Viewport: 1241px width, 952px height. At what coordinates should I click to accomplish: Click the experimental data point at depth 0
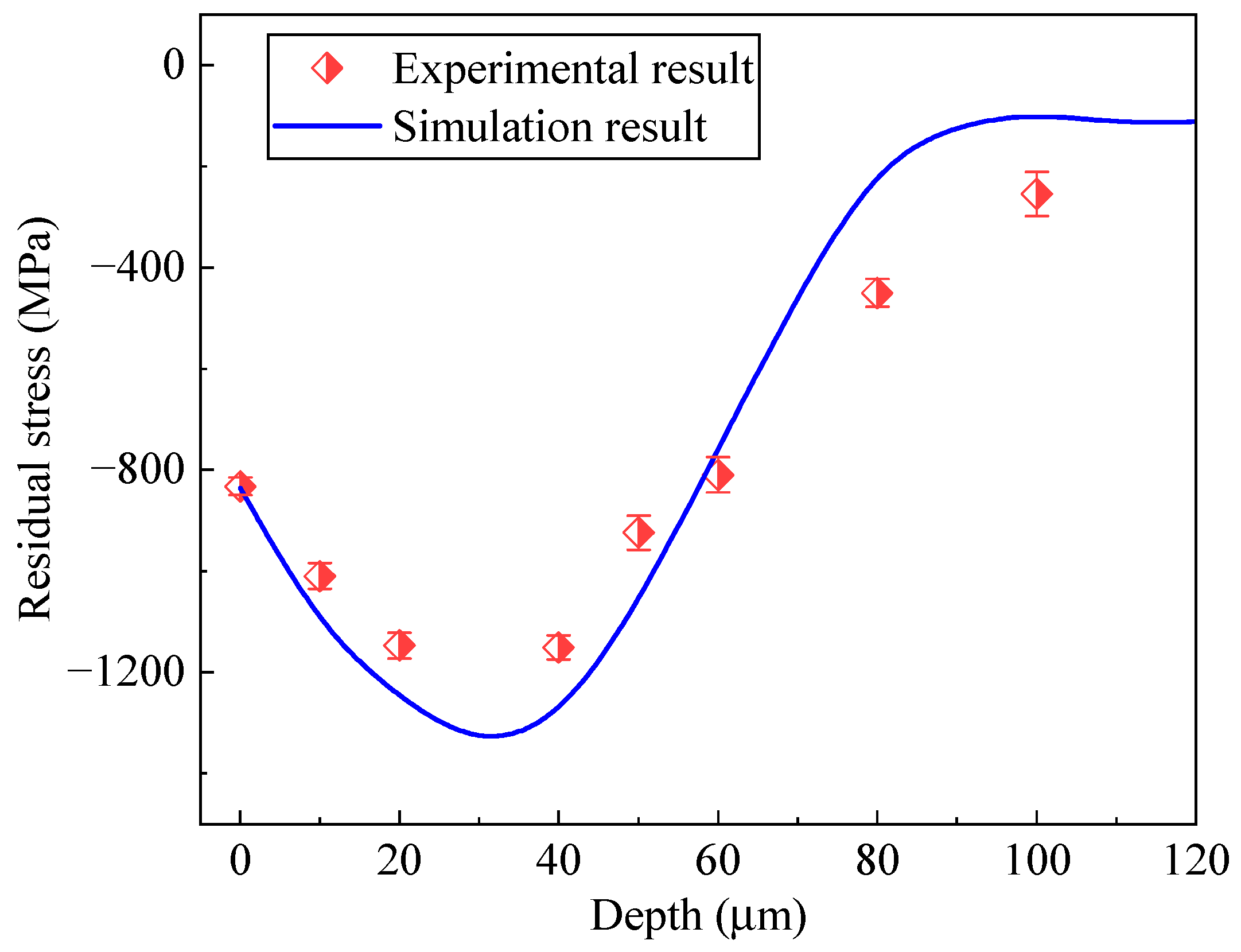point(240,487)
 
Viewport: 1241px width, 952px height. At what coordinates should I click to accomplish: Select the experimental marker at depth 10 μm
point(320,576)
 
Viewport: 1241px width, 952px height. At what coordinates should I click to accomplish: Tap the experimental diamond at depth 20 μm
point(399,645)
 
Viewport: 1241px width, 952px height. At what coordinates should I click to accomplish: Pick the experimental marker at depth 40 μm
point(558,647)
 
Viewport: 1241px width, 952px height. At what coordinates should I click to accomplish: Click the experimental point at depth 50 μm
point(639,533)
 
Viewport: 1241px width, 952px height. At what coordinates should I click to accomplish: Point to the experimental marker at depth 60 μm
point(718,475)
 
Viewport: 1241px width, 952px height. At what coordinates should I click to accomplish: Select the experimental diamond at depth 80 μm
point(877,293)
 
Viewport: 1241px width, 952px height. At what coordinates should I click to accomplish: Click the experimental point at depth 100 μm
point(1037,194)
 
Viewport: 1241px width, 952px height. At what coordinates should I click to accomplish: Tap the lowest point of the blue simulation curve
point(491,735)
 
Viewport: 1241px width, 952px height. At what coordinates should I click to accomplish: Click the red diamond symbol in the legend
point(327,68)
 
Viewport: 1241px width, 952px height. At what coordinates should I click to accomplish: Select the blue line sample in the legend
point(327,126)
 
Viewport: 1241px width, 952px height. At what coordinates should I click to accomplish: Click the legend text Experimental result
point(572,69)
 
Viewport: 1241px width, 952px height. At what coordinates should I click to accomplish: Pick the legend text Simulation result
point(549,127)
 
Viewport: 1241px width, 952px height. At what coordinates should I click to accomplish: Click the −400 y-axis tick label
point(138,267)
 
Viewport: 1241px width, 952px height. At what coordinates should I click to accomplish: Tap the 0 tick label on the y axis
point(174,65)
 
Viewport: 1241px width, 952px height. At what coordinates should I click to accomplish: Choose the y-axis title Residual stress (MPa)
point(36,419)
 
